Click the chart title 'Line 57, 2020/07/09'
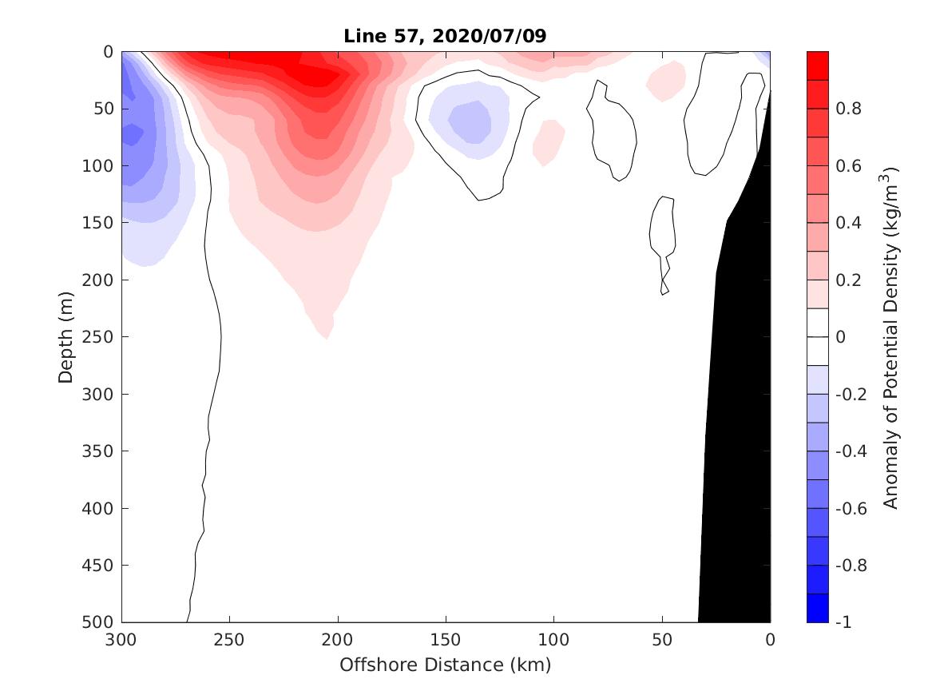(445, 36)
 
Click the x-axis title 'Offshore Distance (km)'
(445, 665)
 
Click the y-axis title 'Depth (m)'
(66, 336)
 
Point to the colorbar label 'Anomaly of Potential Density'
(891, 336)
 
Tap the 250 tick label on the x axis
(229, 640)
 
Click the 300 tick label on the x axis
(121, 640)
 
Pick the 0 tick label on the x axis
(770, 640)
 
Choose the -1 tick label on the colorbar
(843, 622)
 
